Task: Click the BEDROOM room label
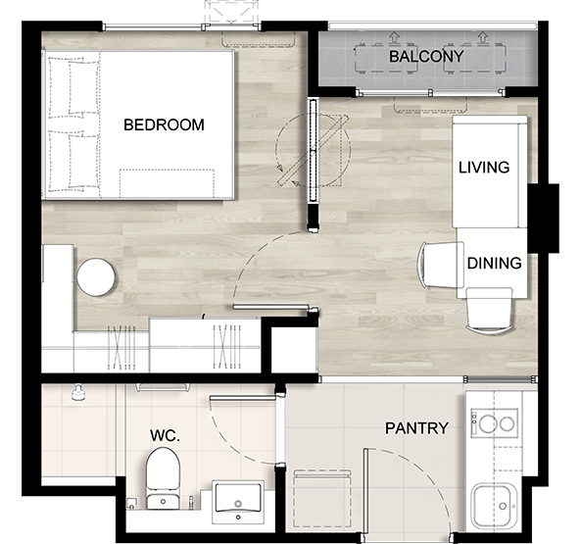[x=164, y=124]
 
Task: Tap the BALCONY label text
[x=426, y=57]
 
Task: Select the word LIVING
[x=484, y=168]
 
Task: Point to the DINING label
[x=495, y=263]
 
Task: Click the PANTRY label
[x=416, y=428]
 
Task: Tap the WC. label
[x=165, y=435]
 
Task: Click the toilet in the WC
[x=163, y=478]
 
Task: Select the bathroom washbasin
[x=238, y=502]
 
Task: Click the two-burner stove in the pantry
[x=495, y=422]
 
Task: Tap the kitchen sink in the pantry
[x=495, y=507]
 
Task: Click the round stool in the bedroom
[x=96, y=277]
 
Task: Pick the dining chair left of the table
[x=441, y=265]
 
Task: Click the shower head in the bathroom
[x=78, y=393]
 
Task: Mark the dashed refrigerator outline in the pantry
[x=322, y=498]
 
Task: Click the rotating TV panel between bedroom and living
[x=314, y=151]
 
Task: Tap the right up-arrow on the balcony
[x=482, y=36]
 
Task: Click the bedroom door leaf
[x=270, y=307]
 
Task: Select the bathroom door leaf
[x=243, y=398]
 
